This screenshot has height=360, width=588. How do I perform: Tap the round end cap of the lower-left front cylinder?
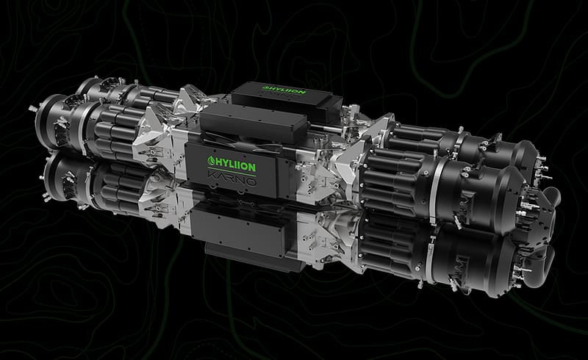(51, 170)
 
